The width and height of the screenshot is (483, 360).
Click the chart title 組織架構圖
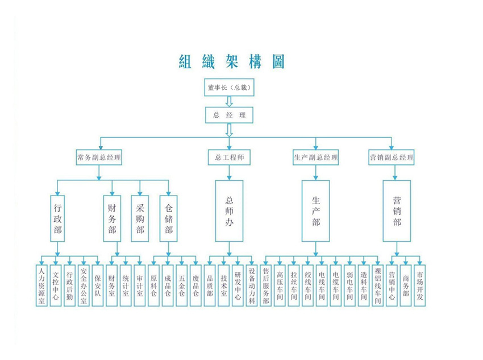point(232,61)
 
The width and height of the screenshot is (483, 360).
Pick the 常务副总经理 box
point(100,158)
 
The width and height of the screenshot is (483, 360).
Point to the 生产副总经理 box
point(316,158)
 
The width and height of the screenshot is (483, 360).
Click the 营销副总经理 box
point(392,158)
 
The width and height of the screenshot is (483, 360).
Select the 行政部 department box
point(57,217)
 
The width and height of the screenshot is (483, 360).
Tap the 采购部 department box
point(140,217)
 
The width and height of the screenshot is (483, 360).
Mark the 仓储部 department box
point(168,217)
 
